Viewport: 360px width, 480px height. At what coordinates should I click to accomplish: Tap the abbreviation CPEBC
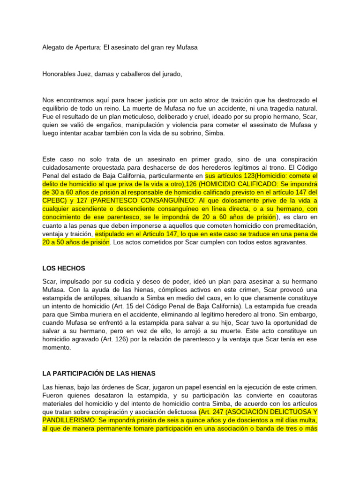(x=53, y=201)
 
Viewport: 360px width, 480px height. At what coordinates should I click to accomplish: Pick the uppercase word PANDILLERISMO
(x=68, y=420)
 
